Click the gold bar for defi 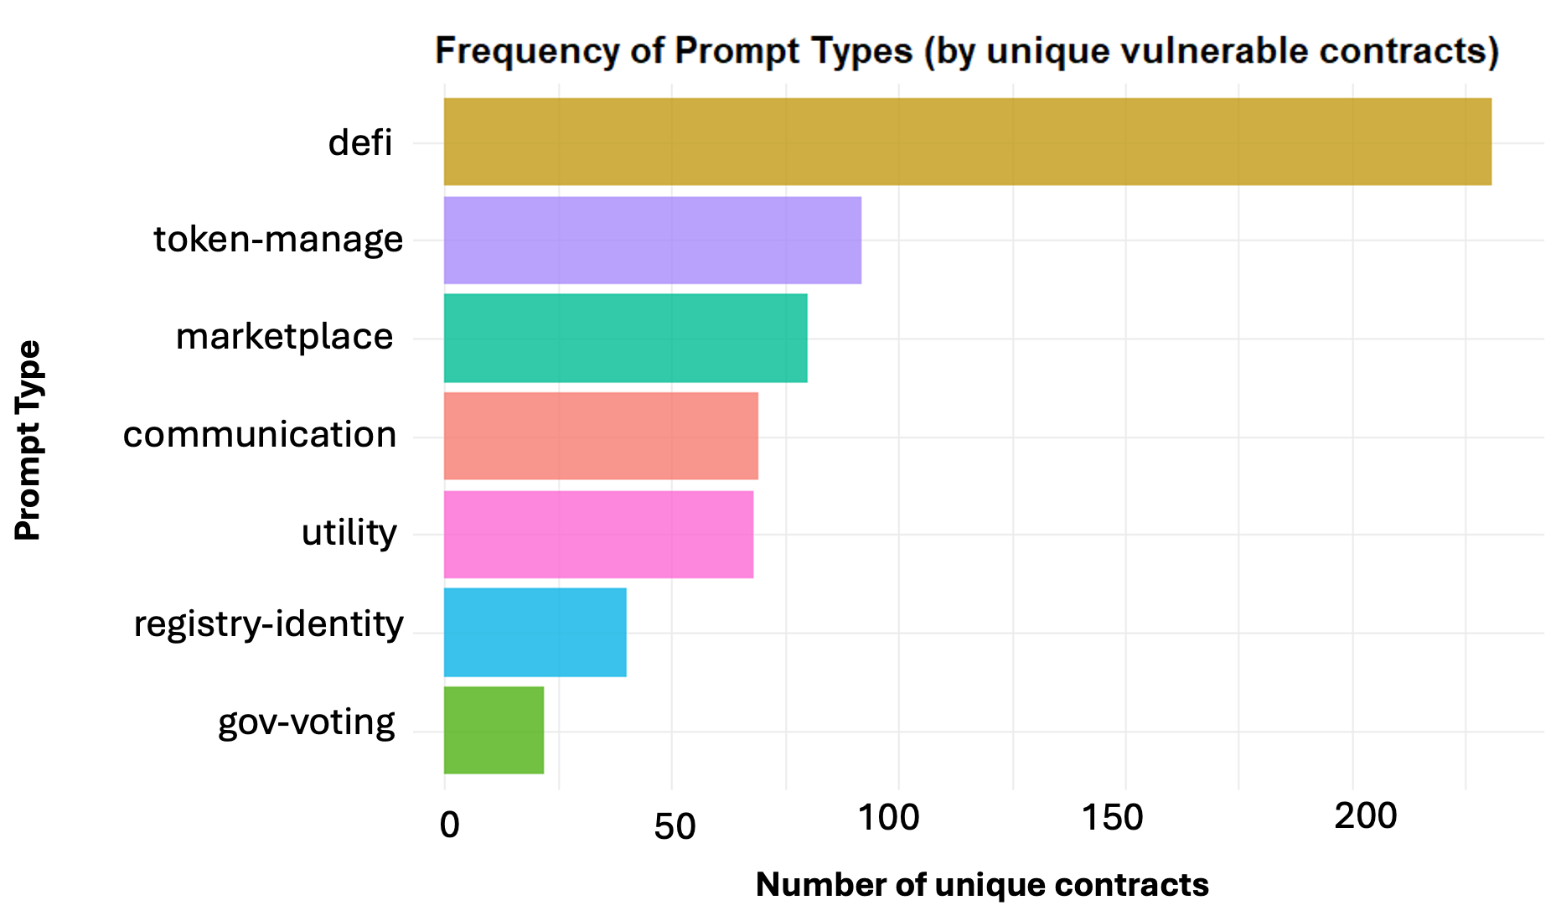click(x=967, y=142)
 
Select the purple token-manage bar click(x=652, y=241)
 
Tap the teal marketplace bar click(x=625, y=338)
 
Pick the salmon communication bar click(x=600, y=436)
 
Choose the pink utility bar click(x=597, y=534)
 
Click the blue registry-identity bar click(x=535, y=632)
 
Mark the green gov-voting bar click(x=494, y=730)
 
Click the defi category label click(x=360, y=142)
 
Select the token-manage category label click(x=278, y=240)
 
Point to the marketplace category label click(x=284, y=337)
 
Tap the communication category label click(x=260, y=435)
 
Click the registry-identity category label click(x=268, y=624)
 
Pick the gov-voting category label click(x=306, y=722)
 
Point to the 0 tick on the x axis click(x=449, y=825)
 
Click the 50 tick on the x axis click(x=675, y=827)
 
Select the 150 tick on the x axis click(x=1112, y=818)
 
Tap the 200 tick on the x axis click(x=1365, y=816)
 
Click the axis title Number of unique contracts click(x=981, y=885)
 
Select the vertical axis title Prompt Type click(x=28, y=440)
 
